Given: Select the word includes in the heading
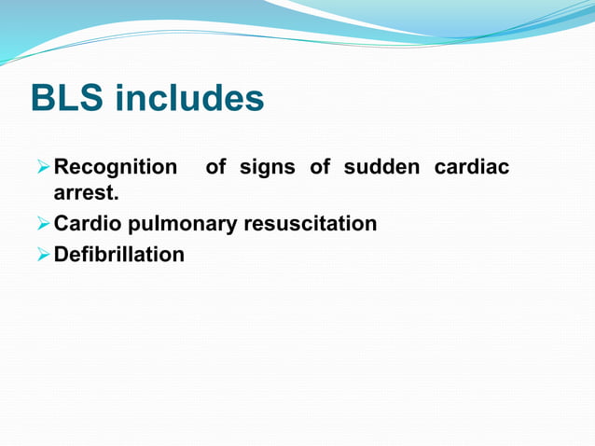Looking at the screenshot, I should (x=189, y=99).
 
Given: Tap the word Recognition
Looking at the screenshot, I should (x=116, y=168).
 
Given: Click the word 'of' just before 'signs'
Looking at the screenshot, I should (x=215, y=168).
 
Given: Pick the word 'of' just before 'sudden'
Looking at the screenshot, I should (x=321, y=168).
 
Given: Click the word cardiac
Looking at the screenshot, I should (x=472, y=168).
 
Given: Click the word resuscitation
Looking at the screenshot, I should (x=311, y=224).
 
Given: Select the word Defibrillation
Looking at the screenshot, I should (x=119, y=254).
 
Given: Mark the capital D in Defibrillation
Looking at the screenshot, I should (x=62, y=254).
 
